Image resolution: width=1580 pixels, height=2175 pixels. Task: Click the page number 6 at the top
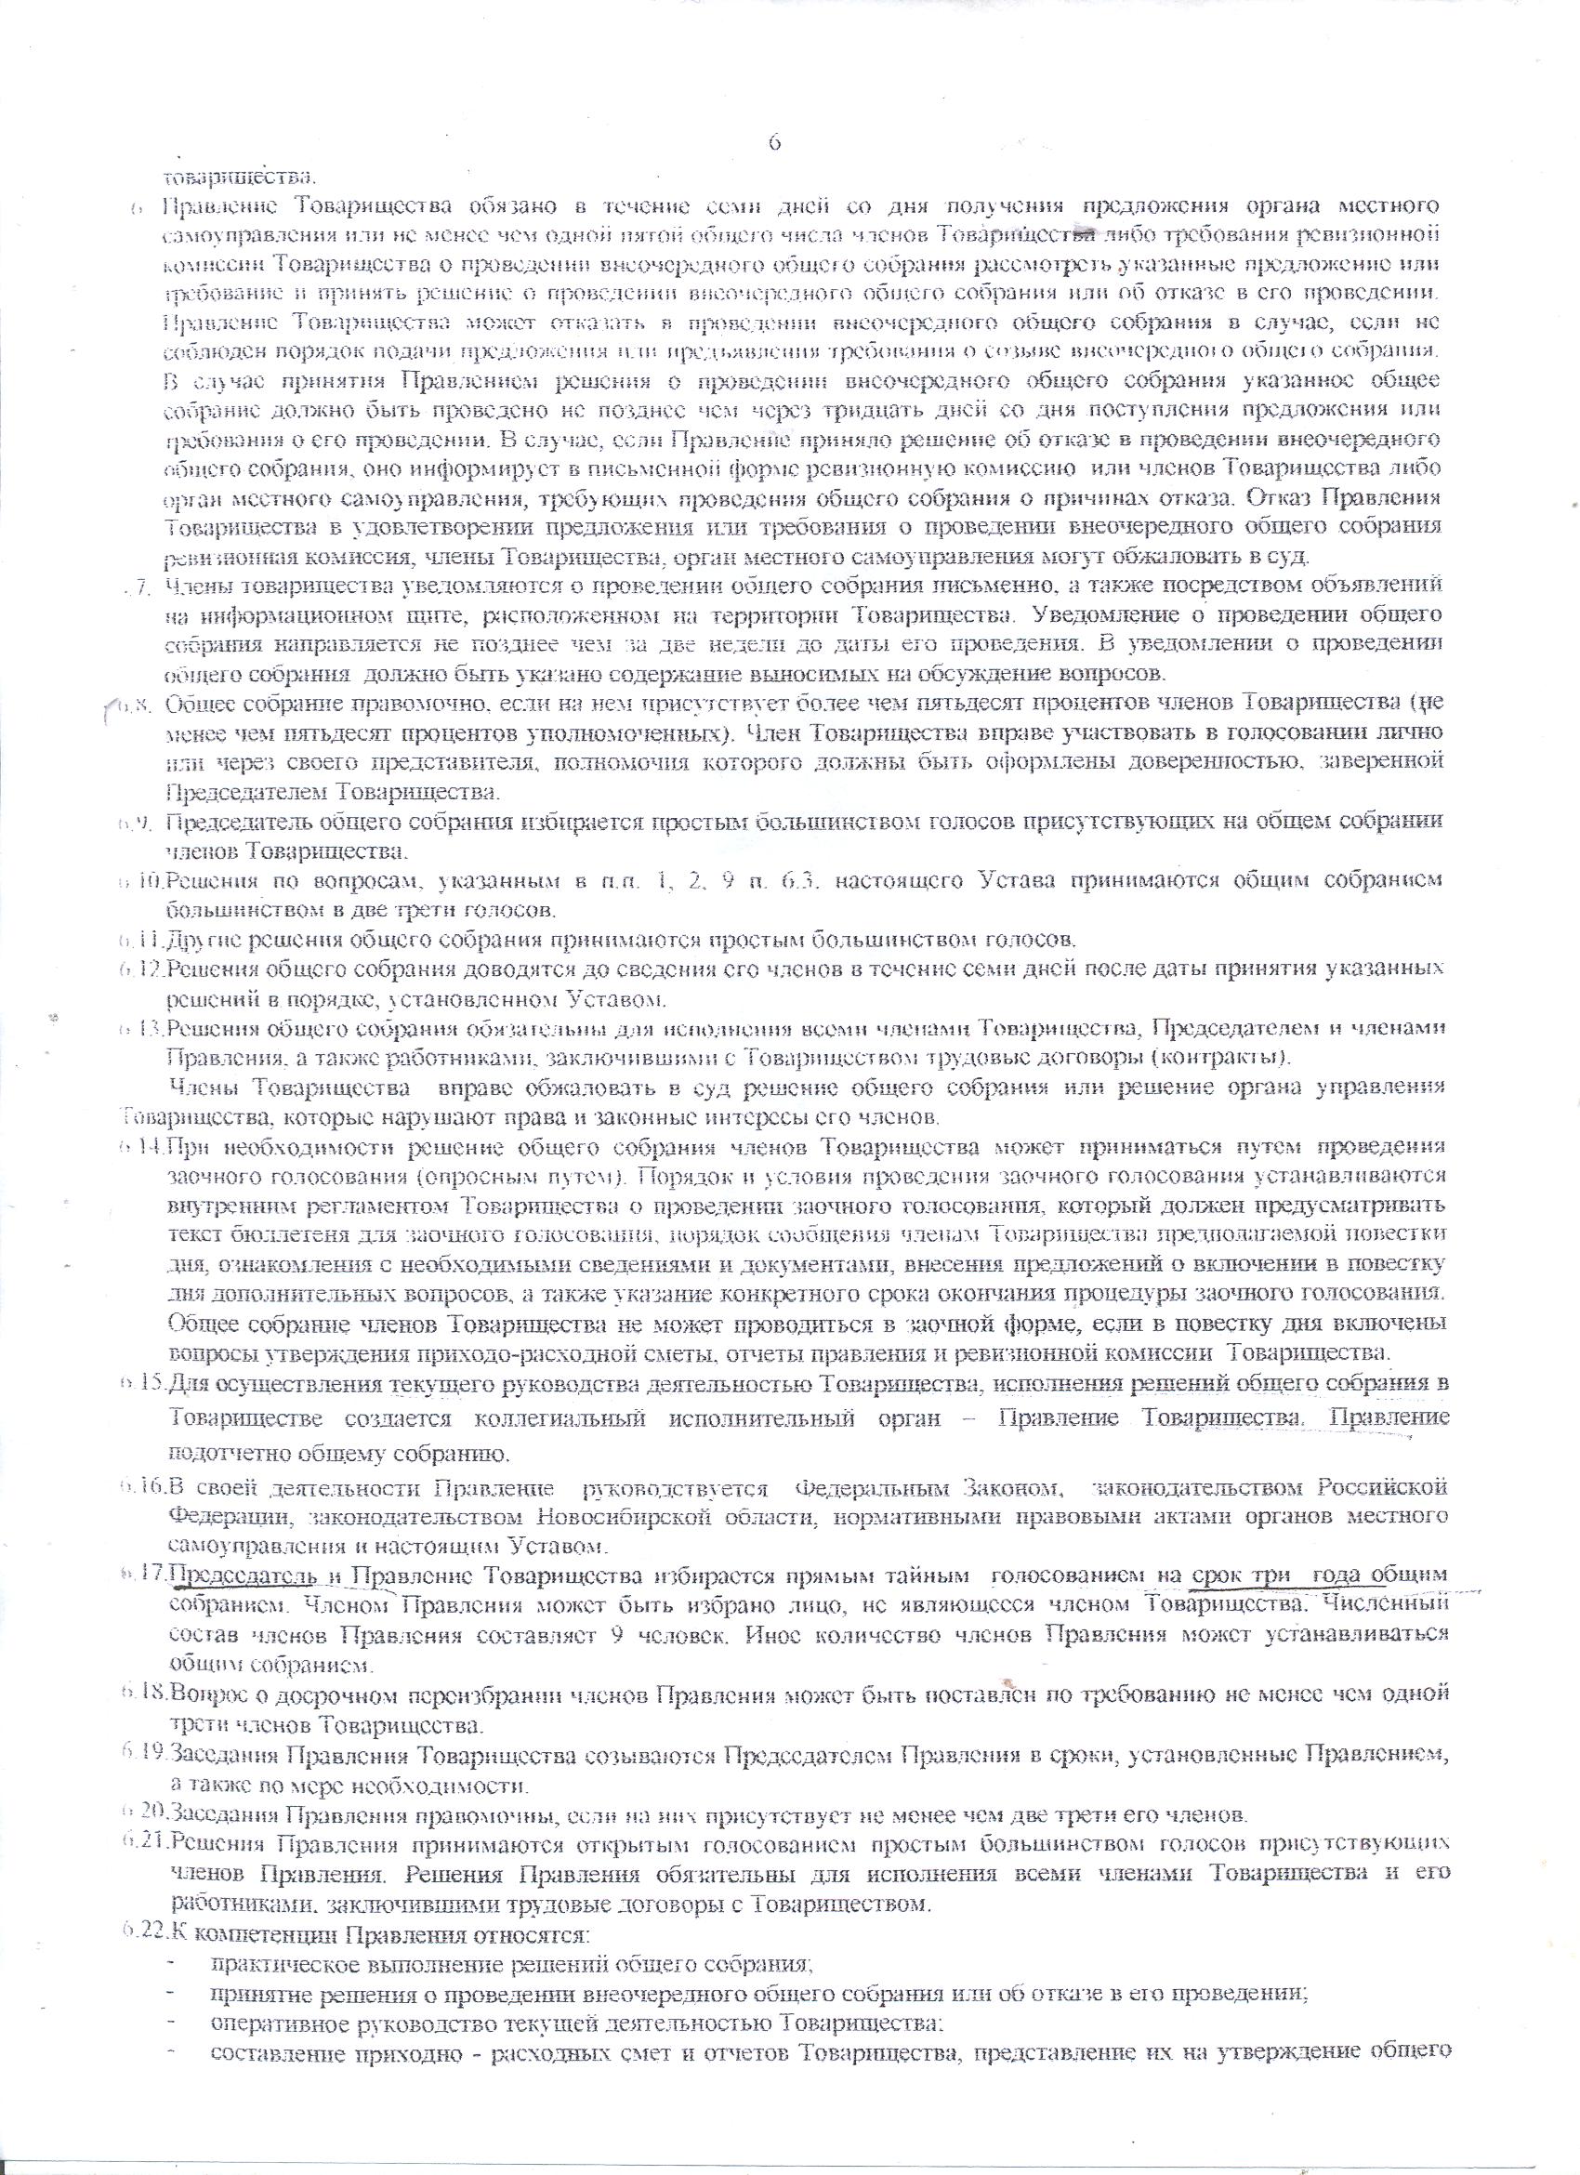coord(774,142)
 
